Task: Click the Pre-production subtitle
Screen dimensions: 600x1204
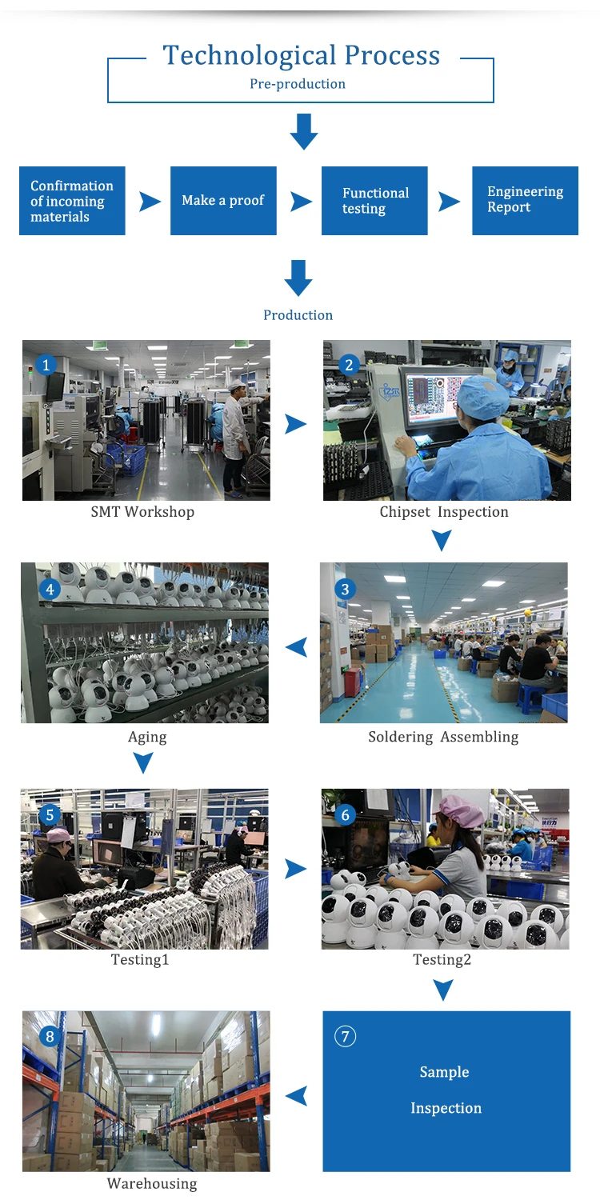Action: tap(298, 84)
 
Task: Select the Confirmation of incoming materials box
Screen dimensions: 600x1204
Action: tap(72, 201)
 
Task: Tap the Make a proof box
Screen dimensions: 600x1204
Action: tap(223, 201)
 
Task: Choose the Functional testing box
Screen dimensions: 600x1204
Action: tap(374, 201)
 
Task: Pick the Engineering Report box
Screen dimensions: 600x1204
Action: tap(526, 201)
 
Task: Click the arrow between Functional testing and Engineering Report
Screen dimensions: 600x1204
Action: tap(449, 202)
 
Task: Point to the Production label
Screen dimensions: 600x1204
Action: tap(298, 315)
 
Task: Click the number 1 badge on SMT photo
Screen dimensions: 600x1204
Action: tap(46, 366)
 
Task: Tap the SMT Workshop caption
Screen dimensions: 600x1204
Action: tap(142, 512)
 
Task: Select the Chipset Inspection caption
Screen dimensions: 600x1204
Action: tap(444, 512)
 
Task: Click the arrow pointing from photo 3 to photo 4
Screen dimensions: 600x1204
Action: tap(296, 646)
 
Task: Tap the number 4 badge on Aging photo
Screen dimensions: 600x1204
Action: tap(50, 590)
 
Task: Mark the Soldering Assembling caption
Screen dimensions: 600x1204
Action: tap(443, 737)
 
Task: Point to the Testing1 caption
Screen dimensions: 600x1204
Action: tap(140, 959)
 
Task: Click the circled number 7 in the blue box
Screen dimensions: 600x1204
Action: tap(345, 1036)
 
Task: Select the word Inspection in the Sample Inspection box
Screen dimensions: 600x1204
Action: tap(446, 1108)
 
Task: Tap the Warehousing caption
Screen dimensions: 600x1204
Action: tap(152, 1183)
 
